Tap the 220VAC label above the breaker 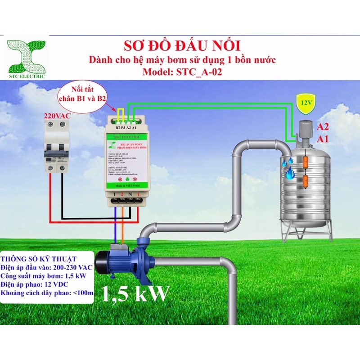(57, 116)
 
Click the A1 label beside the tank (323, 139)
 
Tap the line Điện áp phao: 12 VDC (38, 285)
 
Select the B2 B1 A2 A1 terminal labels (126, 128)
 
